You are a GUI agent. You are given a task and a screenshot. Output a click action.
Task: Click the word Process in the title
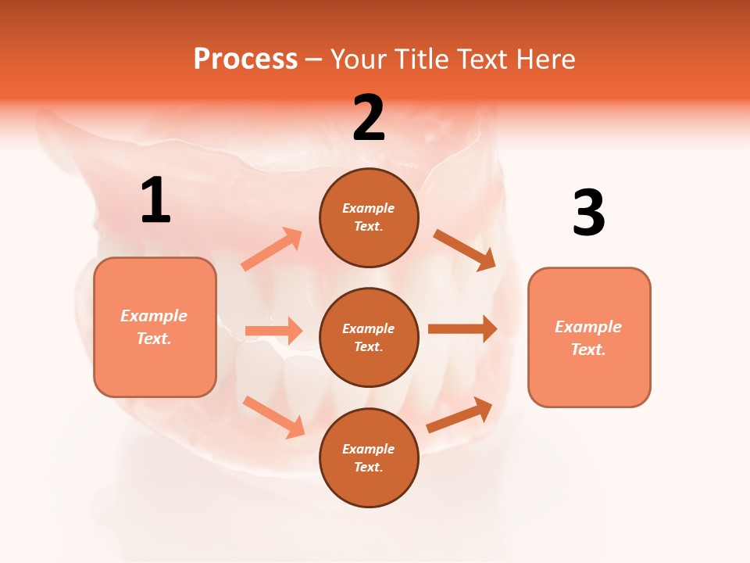[x=245, y=59]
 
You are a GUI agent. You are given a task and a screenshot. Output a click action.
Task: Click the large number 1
[x=155, y=201]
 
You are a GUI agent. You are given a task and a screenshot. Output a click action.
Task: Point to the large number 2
[x=369, y=118]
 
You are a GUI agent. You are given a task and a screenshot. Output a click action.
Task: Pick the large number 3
[x=588, y=213]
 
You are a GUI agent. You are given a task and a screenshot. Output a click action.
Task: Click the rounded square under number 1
[x=155, y=327]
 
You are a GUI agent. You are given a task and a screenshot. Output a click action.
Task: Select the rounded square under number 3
[x=589, y=338]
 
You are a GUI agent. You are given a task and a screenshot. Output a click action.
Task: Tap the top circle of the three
[x=369, y=217]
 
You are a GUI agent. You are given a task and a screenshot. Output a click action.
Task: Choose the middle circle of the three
[x=369, y=337]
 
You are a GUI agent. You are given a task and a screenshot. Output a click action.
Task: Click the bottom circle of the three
[x=369, y=457]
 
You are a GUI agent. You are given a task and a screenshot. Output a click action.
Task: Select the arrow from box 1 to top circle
[x=272, y=249]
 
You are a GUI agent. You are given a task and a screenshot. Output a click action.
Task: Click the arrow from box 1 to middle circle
[x=273, y=331]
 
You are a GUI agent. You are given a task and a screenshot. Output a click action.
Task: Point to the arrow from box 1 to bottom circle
[x=273, y=417]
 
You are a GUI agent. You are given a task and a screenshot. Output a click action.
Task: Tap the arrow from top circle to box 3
[x=464, y=249]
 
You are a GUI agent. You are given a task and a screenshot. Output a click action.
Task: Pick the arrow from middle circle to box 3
[x=462, y=329]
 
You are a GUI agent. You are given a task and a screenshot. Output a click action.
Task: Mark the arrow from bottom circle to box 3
[x=459, y=415]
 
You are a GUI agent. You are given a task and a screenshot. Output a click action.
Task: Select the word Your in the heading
[x=356, y=59]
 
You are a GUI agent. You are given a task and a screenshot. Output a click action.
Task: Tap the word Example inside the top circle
[x=369, y=208]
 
